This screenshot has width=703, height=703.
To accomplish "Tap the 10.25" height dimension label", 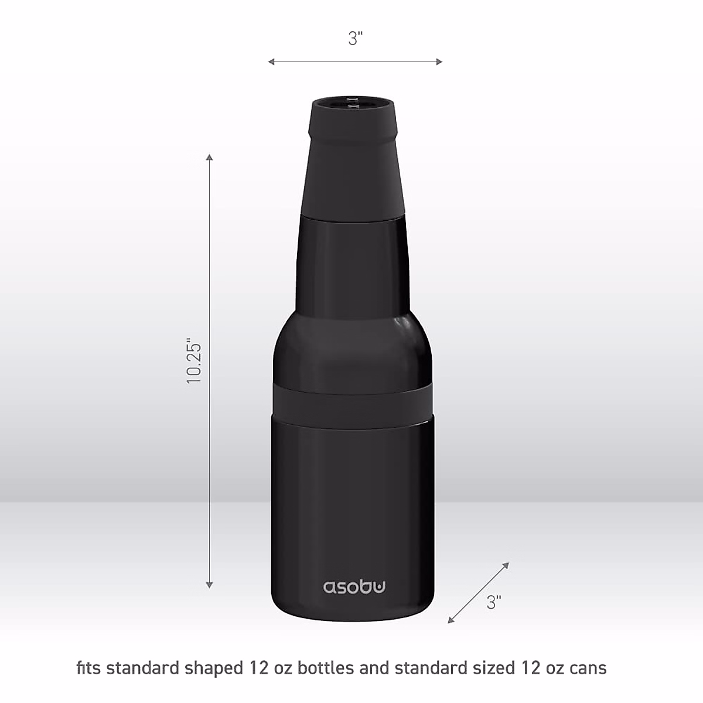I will click(194, 360).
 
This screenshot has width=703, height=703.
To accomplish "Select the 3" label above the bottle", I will click(355, 39).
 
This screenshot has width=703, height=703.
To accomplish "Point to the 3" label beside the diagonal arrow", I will click(494, 602).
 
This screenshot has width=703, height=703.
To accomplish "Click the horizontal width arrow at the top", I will click(355, 62).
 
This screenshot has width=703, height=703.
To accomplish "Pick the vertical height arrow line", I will click(210, 369).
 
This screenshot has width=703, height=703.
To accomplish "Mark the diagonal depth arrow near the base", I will click(479, 592).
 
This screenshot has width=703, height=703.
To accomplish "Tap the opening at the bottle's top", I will click(352, 103).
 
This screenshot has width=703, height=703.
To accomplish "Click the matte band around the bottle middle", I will click(352, 401).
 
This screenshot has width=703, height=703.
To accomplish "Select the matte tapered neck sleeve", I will click(352, 170).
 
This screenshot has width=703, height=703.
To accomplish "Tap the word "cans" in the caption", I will click(586, 668).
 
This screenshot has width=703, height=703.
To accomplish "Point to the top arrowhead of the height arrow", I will click(210, 156).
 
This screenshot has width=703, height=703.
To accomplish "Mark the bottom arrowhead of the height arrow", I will click(210, 584).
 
